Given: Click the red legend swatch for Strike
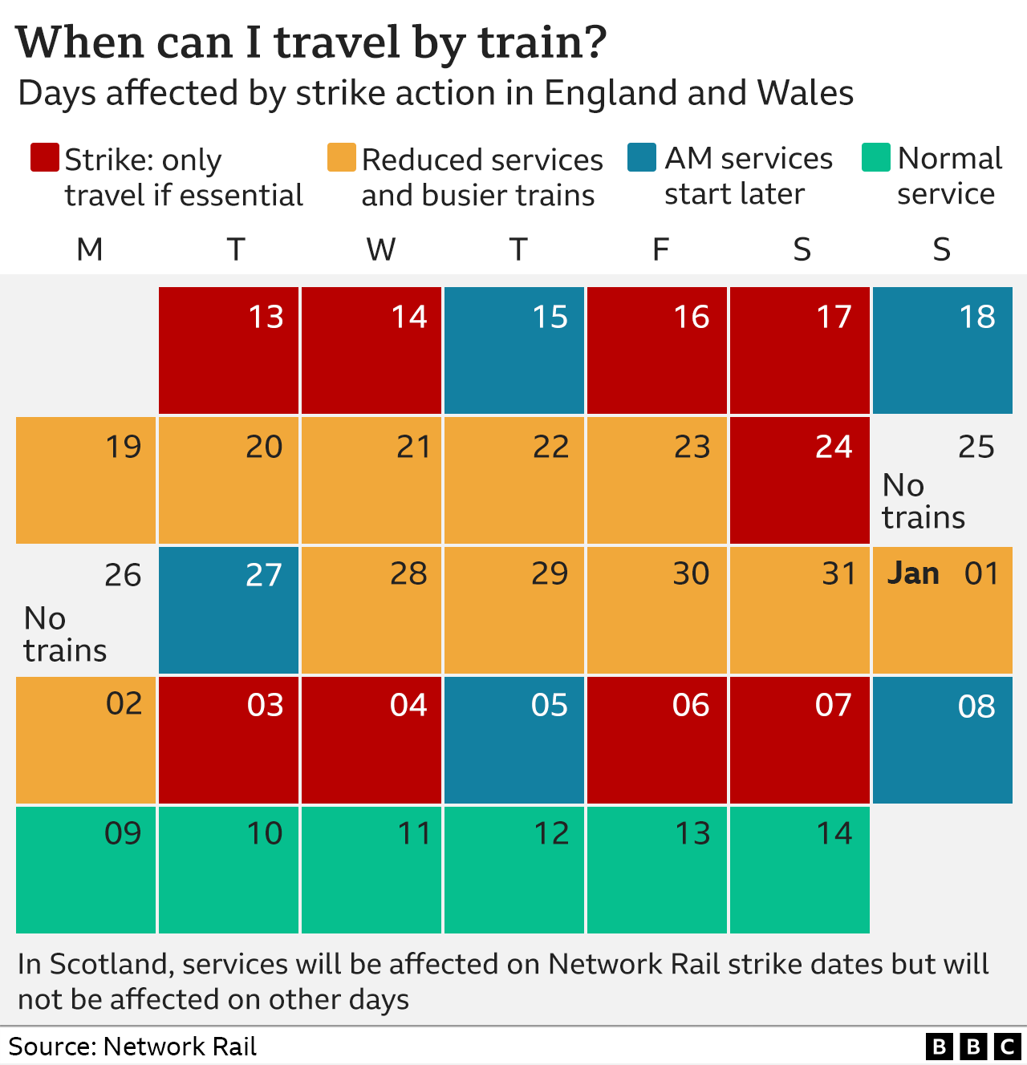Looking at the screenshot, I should (44, 158).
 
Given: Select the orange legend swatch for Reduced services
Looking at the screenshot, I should (341, 158).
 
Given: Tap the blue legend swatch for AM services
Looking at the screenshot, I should (642, 158).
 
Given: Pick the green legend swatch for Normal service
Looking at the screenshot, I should (876, 158).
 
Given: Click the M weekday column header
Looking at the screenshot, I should (89, 250).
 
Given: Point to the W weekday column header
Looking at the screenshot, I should (380, 250).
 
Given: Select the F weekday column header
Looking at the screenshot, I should (660, 250).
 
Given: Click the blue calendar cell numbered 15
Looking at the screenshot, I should (514, 350).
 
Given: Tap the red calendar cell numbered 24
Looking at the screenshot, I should (800, 480).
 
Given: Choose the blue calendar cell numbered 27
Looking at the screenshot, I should (229, 610).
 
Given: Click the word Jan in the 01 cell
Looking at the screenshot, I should (913, 573).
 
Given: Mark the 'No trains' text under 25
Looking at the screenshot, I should (923, 501).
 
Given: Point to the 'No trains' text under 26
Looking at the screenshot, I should (64, 634).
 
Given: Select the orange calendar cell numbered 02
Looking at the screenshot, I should (86, 740).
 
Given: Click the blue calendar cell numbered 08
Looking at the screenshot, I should (943, 740).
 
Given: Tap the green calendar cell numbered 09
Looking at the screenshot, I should (86, 870).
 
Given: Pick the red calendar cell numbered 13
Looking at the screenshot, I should (229, 350).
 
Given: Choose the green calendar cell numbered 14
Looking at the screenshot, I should (800, 870).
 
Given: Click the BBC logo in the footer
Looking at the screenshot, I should (972, 1047).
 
